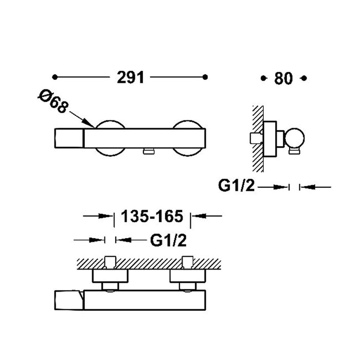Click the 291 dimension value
pyautogui.click(x=130, y=78)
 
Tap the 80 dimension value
pyautogui.click(x=284, y=78)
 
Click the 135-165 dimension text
pyautogui.click(x=152, y=217)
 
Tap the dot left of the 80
pyautogui.click(x=264, y=78)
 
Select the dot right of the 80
pyautogui.click(x=304, y=78)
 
